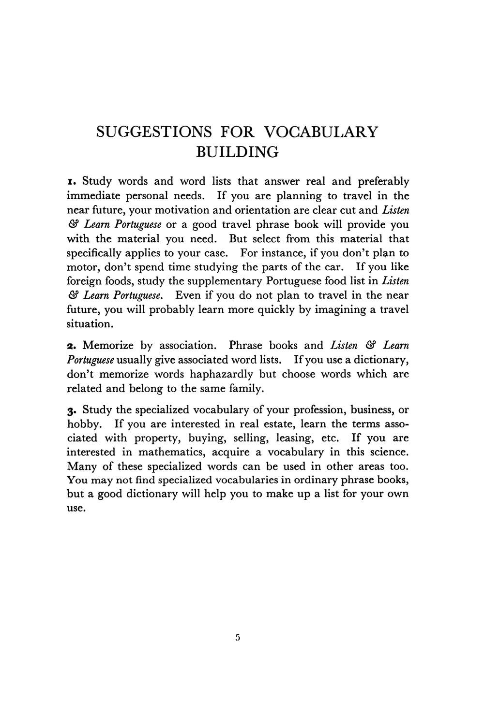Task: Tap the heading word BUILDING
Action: click(237, 152)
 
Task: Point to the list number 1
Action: click(71, 182)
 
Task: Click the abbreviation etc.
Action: click(329, 438)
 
